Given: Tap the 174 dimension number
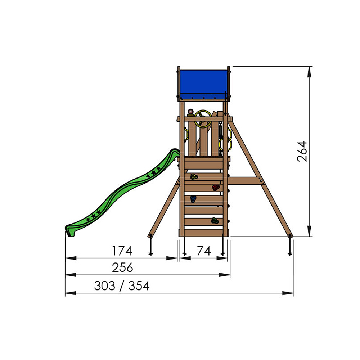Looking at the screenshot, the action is [122, 251].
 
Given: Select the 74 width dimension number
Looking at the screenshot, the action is [204, 251].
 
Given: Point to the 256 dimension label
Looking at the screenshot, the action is [122, 267].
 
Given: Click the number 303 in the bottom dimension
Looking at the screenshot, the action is [104, 286].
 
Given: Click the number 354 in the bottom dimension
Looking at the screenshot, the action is [139, 286].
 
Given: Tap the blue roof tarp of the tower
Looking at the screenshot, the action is [203, 84].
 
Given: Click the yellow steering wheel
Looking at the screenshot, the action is [203, 119].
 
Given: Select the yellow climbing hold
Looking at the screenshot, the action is [194, 176].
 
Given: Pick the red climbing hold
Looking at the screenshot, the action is [216, 188].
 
